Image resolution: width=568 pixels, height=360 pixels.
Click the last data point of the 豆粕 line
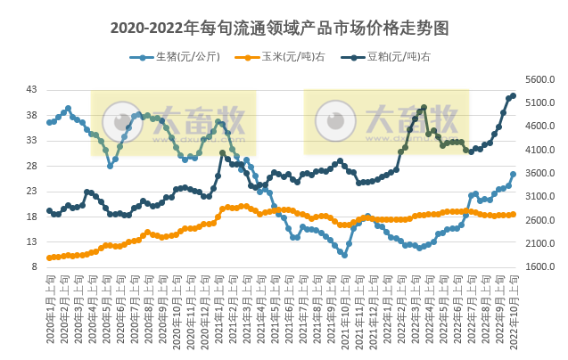point(514,95)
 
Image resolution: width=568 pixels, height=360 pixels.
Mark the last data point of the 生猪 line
point(514,175)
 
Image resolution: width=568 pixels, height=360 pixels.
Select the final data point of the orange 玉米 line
point(514,214)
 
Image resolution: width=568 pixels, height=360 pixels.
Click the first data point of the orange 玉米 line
point(49,258)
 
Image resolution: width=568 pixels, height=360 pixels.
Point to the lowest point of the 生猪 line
point(344,255)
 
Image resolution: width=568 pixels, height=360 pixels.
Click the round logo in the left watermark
point(122,122)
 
